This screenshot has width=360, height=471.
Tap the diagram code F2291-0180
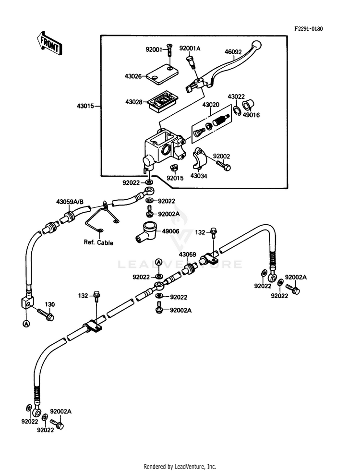click(x=308, y=29)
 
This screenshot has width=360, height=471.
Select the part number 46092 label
click(x=233, y=52)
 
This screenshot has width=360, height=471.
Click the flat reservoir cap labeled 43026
click(x=162, y=72)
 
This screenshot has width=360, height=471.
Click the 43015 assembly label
click(x=85, y=106)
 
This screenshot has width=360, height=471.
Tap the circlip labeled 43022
click(x=237, y=110)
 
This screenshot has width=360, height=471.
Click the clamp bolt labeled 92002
click(x=223, y=164)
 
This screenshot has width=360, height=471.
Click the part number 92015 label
click(x=175, y=178)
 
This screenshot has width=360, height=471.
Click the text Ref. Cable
click(x=98, y=242)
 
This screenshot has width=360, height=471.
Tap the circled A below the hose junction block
click(x=26, y=324)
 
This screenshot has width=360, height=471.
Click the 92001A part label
click(x=190, y=48)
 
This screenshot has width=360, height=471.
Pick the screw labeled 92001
click(x=169, y=49)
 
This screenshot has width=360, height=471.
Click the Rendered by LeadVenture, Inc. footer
click(x=180, y=467)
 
